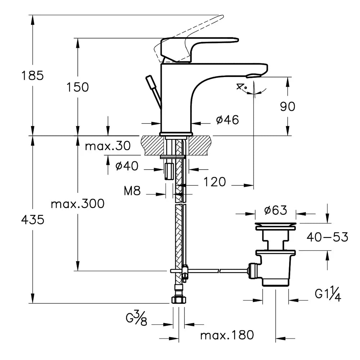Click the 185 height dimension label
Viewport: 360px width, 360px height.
coord(32,76)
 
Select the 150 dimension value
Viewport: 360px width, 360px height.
coord(77,87)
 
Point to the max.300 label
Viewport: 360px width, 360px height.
coord(77,204)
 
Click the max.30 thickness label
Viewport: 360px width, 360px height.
coord(108,146)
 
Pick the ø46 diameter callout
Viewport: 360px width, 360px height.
coord(227,120)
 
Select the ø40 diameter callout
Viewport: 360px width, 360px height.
coord(127,166)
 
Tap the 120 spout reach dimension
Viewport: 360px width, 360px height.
coord(214,182)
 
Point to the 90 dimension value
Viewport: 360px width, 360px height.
coord(287,106)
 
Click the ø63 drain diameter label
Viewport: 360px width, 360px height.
coord(275,210)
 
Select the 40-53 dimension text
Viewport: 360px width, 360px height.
coord(327,237)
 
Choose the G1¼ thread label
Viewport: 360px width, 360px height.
coord(328,294)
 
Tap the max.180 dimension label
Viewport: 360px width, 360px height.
coord(227,336)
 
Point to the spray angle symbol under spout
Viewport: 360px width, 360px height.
coord(242,87)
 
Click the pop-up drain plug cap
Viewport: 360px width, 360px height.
coord(275,226)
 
